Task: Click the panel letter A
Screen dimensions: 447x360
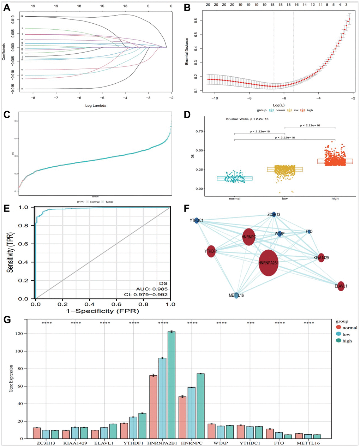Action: click(6, 7)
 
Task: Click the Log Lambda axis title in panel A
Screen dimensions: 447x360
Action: click(96, 105)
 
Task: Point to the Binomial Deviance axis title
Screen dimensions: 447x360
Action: click(187, 51)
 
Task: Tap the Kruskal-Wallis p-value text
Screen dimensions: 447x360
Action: click(247, 119)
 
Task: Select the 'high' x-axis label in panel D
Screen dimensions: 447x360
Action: click(335, 198)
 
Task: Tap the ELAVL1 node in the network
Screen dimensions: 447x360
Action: click(341, 286)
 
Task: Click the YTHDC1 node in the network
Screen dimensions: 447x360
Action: click(197, 221)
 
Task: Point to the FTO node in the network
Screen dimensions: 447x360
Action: click(309, 232)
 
